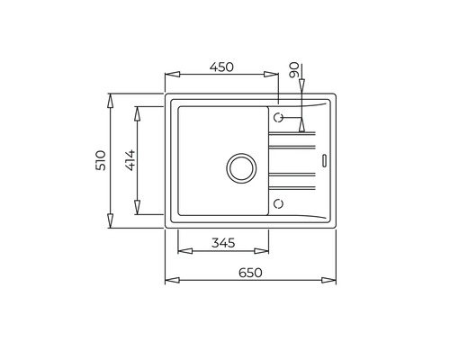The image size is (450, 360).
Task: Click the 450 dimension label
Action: (x=222, y=66)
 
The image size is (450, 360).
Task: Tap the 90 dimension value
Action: (x=293, y=69)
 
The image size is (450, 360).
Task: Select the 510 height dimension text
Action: (x=101, y=160)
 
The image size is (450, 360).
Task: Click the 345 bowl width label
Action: (x=223, y=242)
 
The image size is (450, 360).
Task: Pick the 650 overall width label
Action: (x=250, y=272)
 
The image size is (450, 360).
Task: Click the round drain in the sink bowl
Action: (x=240, y=166)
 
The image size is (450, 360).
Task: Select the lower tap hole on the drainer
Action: (x=279, y=202)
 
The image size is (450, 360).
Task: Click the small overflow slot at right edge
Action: (x=324, y=161)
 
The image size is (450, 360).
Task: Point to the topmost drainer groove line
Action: (x=293, y=135)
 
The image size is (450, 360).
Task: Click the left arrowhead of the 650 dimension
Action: (x=168, y=281)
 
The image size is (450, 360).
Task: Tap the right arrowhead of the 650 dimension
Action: (x=335, y=281)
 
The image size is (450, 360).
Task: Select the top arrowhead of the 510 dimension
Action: (x=110, y=95)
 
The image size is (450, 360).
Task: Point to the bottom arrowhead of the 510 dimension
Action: (x=110, y=225)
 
